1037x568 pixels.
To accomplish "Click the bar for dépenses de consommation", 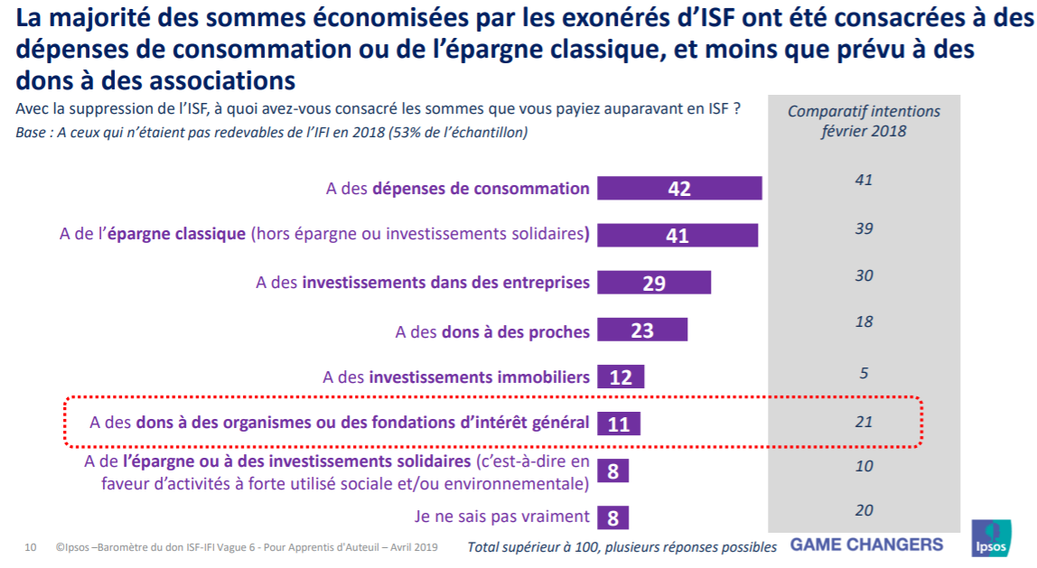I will click(679, 189).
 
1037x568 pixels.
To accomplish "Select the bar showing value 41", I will click(677, 236).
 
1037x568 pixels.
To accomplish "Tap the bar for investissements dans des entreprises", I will click(654, 283).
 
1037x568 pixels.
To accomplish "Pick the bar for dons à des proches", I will click(642, 330).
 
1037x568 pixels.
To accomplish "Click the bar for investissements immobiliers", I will click(621, 377).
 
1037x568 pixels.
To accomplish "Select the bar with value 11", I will click(619, 424).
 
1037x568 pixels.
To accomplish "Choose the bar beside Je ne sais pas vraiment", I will click(613, 517).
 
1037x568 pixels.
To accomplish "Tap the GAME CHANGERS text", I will click(866, 545).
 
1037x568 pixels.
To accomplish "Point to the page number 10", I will click(30, 547).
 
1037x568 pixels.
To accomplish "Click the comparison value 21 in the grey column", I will click(864, 422).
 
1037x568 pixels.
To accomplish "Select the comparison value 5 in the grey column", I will click(864, 373).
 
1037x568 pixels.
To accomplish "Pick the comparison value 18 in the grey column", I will click(864, 322).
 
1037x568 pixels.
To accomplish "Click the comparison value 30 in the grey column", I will click(864, 275).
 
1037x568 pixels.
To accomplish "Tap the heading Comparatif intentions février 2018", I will click(864, 121).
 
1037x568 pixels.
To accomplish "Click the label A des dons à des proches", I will click(492, 331).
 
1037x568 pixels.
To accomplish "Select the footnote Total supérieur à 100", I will click(621, 547).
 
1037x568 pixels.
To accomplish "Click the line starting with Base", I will click(272, 133).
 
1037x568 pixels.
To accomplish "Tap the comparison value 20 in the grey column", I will click(864, 510).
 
